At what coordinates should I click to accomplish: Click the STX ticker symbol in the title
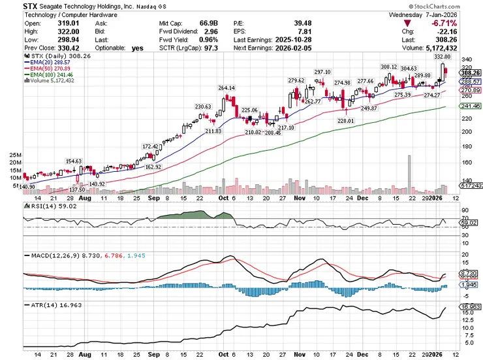[x=31, y=5]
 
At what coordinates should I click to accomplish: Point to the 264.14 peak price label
[x=227, y=88]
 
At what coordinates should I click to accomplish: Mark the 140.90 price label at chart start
[x=27, y=186]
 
